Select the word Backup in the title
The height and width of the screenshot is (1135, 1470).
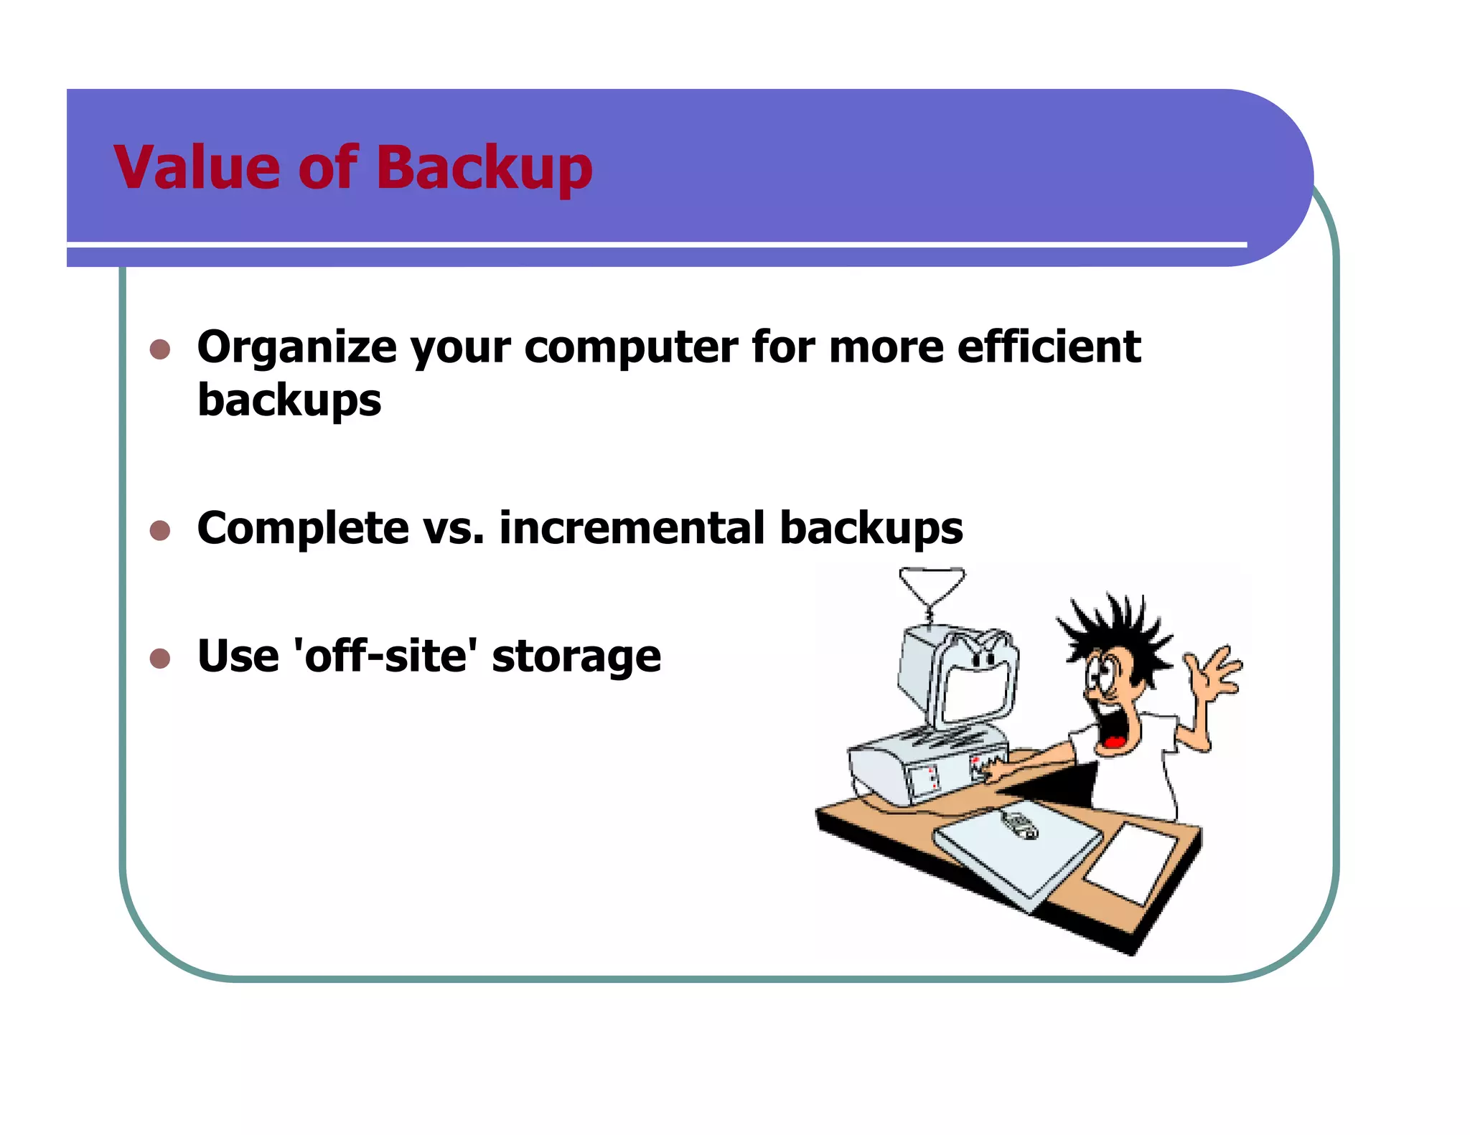[x=484, y=169]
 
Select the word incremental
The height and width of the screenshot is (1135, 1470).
[x=632, y=528]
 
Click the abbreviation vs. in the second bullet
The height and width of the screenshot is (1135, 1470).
[x=454, y=529]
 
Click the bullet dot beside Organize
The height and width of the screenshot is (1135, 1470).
[x=160, y=349]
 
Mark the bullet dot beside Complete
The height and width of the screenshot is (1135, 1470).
[x=160, y=530]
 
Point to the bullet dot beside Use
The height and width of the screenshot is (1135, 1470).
[x=160, y=658]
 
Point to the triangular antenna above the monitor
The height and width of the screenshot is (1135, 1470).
[x=932, y=585]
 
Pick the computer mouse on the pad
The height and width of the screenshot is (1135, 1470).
[x=1019, y=825]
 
